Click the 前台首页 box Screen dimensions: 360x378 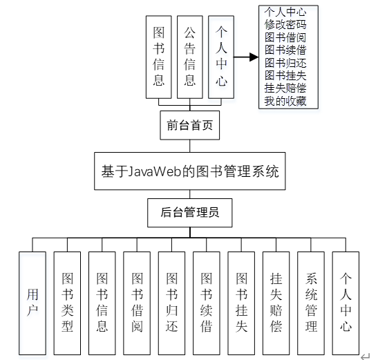click(189, 126)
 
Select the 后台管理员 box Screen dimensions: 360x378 click(190, 213)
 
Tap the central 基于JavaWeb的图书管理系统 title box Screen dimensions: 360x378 click(190, 171)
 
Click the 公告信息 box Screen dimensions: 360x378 click(190, 57)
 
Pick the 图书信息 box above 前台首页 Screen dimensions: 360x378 click(159, 57)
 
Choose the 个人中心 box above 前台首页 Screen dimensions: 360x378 click(221, 57)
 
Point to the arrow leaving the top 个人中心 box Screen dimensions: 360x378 click(246, 57)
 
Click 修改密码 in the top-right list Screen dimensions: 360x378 click(285, 24)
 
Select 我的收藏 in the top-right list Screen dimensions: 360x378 click(285, 102)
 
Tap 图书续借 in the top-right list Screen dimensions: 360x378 click(285, 50)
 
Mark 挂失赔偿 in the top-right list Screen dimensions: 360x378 click(285, 88)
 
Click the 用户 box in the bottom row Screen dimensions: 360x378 click(32, 303)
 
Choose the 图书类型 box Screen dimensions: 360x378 click(68, 303)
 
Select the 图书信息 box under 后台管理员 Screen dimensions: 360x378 click(102, 303)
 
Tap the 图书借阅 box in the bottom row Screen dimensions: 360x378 click(137, 303)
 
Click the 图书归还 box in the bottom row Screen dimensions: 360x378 click(172, 303)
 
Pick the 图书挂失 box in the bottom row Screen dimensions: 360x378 click(241, 303)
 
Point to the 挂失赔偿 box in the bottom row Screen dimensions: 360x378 click(276, 303)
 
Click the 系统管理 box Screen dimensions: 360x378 click(311, 303)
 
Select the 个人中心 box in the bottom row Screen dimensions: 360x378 click(346, 303)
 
